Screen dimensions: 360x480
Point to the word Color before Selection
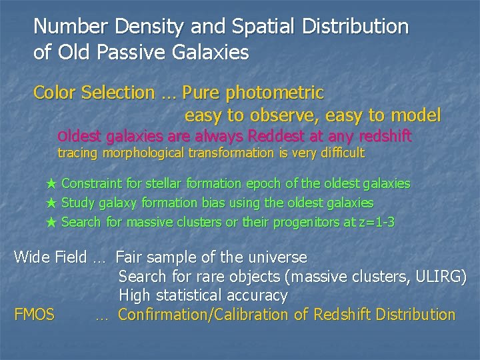(x=55, y=92)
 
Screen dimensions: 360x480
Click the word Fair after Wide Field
(x=131, y=257)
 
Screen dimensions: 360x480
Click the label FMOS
(x=34, y=314)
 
